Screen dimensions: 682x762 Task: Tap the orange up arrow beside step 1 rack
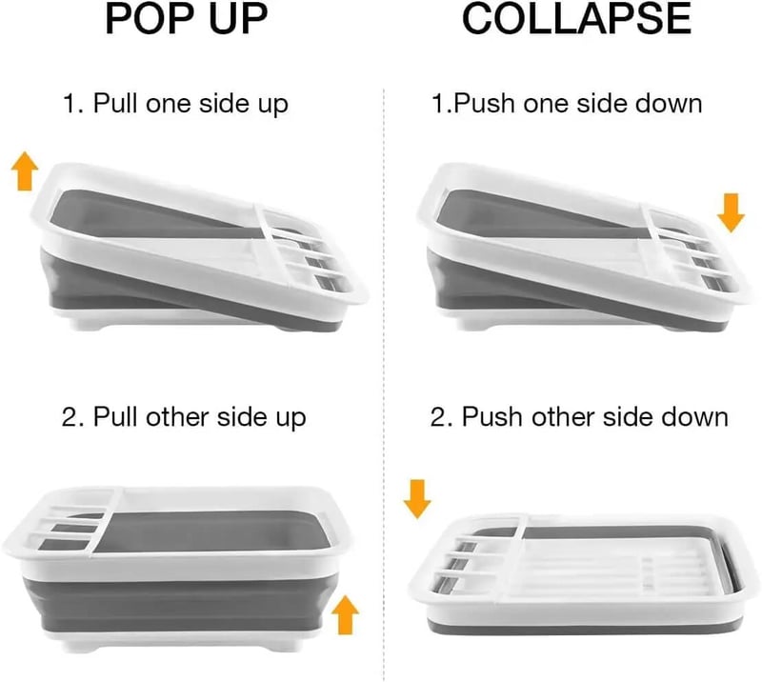25,174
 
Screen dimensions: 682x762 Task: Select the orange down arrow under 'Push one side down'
731,213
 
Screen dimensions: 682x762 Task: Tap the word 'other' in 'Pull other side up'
172,417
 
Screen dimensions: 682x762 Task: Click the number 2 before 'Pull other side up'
70,417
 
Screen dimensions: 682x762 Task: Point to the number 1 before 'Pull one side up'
70,102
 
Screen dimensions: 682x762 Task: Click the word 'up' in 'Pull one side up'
271,104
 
